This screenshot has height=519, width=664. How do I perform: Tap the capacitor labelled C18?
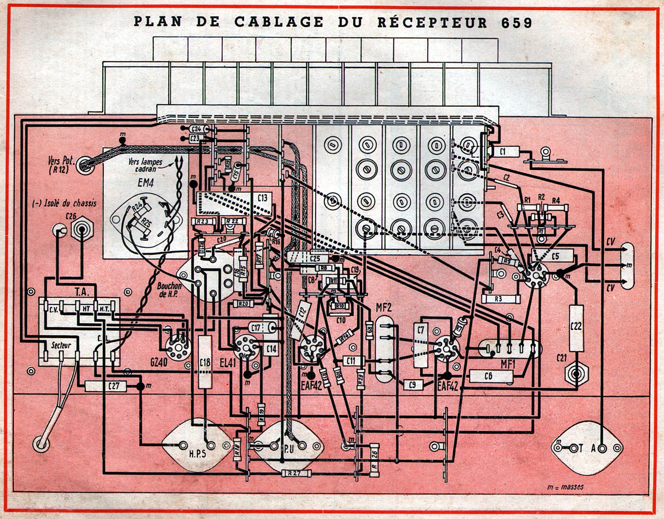tap(205, 362)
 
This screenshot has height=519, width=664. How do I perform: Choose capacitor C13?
tap(262, 198)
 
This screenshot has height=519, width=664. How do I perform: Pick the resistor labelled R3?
tap(498, 299)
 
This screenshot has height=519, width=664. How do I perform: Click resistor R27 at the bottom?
tap(294, 473)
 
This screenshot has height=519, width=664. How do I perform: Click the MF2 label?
tap(383, 307)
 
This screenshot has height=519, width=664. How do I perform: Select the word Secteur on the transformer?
tap(61, 345)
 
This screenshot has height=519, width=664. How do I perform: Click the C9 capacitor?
tap(412, 384)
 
